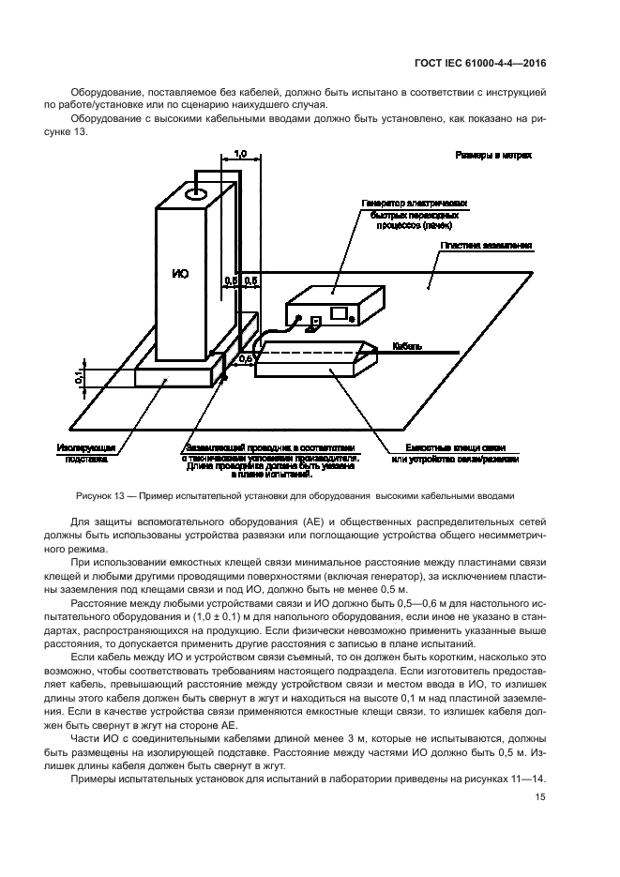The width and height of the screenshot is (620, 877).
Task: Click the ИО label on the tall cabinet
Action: pyautogui.click(x=181, y=274)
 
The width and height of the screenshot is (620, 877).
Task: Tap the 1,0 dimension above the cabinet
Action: pyautogui.click(x=239, y=153)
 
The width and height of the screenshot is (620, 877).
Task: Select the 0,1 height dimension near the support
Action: pyautogui.click(x=81, y=376)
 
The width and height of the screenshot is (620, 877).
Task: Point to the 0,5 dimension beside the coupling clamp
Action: pyautogui.click(x=247, y=358)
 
